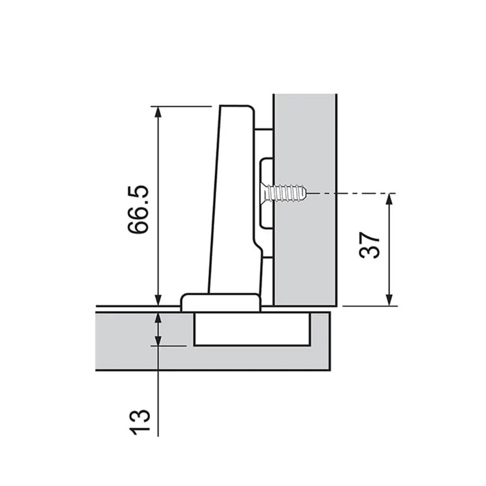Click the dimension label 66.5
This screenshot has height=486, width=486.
click(138, 209)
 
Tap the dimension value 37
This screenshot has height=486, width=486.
click(369, 245)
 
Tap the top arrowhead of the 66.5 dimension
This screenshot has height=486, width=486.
click(159, 112)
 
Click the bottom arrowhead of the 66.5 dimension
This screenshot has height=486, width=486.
click(159, 300)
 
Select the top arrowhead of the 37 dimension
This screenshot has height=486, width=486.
click(390, 198)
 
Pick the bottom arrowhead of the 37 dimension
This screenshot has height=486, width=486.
click(390, 300)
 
